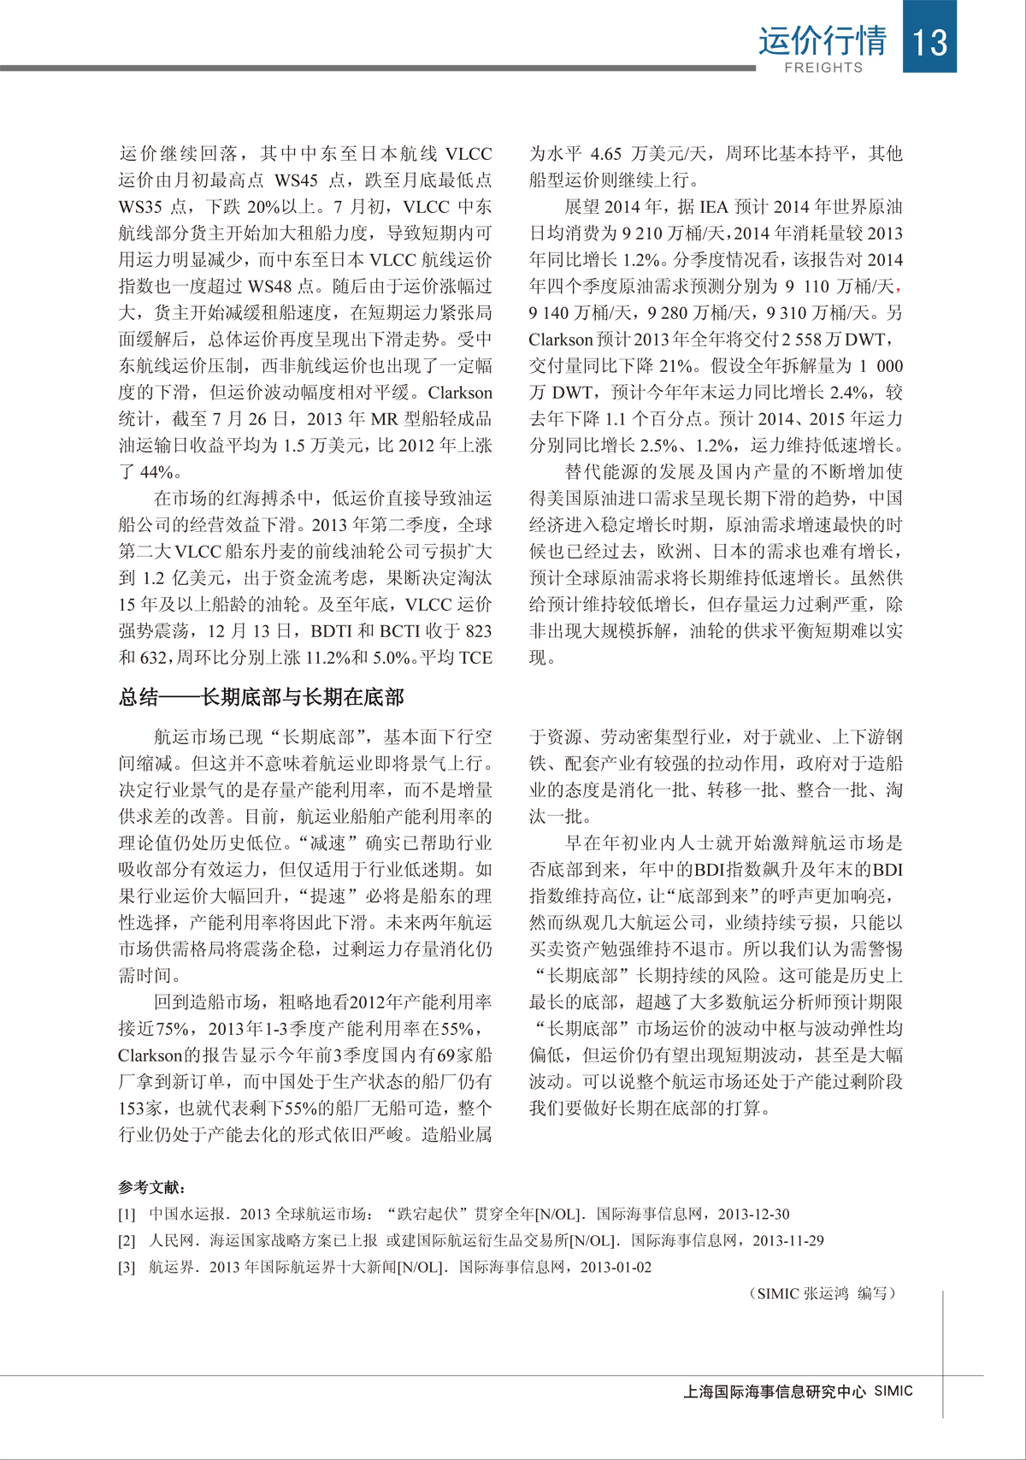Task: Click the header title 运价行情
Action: (822, 39)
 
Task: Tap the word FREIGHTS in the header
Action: (823, 68)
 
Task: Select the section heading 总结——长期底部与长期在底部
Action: (261, 697)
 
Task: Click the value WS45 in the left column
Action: (297, 180)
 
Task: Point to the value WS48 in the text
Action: (271, 287)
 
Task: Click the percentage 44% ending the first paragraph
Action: (158, 472)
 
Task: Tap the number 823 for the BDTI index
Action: (478, 631)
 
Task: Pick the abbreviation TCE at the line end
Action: (475, 658)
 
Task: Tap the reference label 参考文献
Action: (151, 1188)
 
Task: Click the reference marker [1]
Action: (127, 1215)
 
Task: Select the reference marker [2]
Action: (127, 1241)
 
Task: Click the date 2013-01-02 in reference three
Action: (616, 1268)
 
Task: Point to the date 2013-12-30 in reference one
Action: (753, 1215)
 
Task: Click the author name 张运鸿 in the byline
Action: (825, 1294)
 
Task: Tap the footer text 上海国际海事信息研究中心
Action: (775, 1392)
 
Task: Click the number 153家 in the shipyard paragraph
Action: (143, 1108)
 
